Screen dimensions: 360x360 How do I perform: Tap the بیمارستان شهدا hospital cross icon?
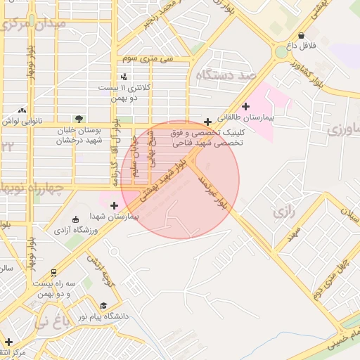[x=114, y=205]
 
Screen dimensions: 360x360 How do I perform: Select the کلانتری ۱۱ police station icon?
[x=124, y=77]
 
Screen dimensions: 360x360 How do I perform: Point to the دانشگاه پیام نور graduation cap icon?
[x=104, y=306]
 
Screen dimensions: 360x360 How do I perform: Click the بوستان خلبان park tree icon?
[x=79, y=119]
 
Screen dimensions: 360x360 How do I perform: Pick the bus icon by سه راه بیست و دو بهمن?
[x=54, y=273]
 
